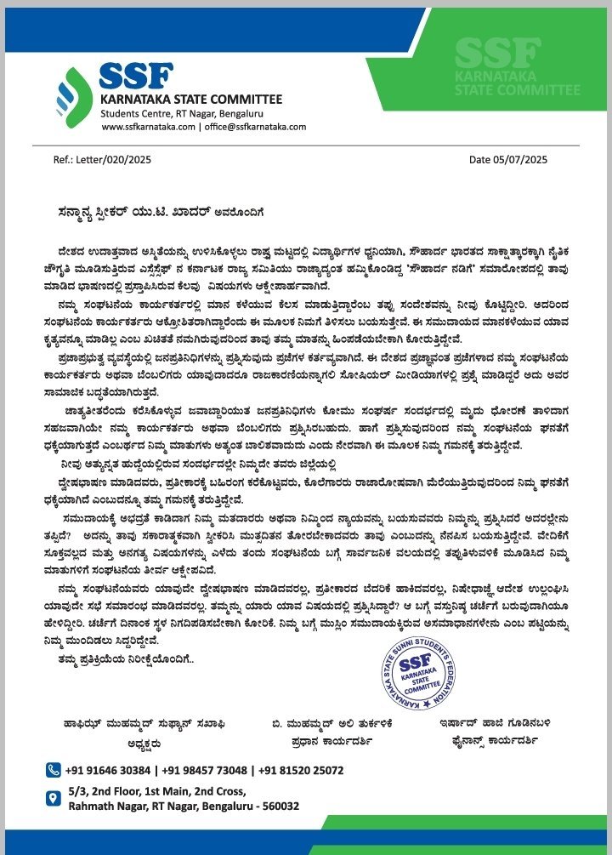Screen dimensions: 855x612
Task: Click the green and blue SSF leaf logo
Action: [75, 96]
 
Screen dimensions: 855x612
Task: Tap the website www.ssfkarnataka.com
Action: [148, 126]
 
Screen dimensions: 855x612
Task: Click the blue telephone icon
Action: [54, 770]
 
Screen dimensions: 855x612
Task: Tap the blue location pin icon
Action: [54, 799]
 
